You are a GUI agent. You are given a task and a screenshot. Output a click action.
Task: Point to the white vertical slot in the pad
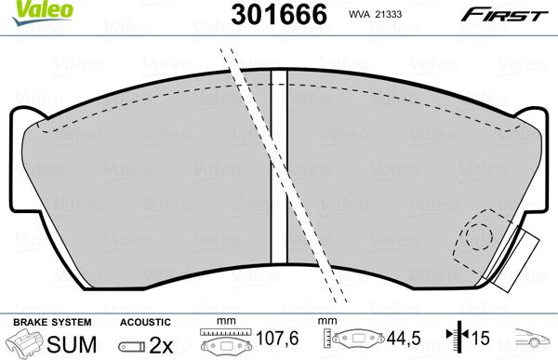coord(276,167)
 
